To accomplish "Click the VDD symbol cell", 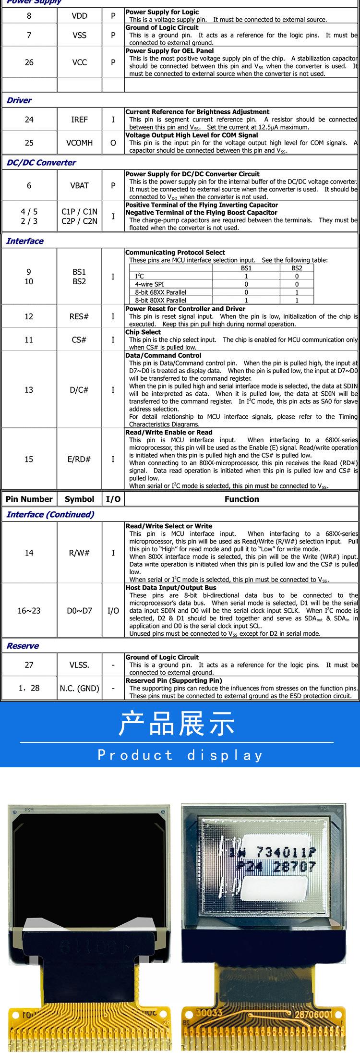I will coord(79,16).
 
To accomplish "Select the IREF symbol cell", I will coord(79,120).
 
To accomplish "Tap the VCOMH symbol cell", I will coord(79,143).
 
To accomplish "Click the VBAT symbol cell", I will coord(79,185).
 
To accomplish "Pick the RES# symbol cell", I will coord(79,316).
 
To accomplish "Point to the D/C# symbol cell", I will coord(79,390).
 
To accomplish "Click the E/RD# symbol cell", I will coord(79,459).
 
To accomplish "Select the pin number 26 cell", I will coord(29,62).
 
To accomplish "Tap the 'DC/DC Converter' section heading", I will coord(41,162).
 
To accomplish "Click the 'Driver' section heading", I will coord(19,100).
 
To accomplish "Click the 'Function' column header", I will coord(241,499).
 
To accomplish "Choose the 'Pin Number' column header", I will coord(29,499).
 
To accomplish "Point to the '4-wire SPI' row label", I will coord(149,284).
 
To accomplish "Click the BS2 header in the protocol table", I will coord(297,268).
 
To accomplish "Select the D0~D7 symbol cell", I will coord(79,611).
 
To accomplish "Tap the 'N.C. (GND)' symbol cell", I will coord(79,688).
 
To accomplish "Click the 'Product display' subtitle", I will coord(180,755).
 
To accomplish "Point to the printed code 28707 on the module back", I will coord(295,867).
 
